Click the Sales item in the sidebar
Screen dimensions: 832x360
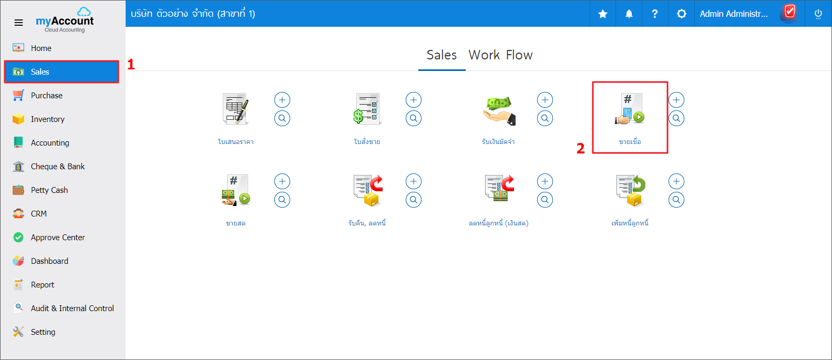click(x=61, y=71)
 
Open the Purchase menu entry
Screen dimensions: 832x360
click(x=46, y=96)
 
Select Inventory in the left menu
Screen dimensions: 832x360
click(x=47, y=119)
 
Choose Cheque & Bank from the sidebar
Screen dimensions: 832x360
click(x=58, y=167)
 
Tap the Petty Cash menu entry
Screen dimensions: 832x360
click(x=49, y=190)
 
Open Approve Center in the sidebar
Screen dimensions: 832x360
click(x=58, y=238)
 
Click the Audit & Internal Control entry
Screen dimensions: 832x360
click(x=72, y=308)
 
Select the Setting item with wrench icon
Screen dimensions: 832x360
click(x=43, y=332)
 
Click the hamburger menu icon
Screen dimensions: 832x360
click(x=18, y=23)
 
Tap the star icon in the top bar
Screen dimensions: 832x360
click(x=603, y=14)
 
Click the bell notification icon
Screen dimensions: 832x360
click(x=629, y=14)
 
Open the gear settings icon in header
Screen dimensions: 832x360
click(x=681, y=14)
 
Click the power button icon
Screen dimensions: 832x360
click(x=818, y=14)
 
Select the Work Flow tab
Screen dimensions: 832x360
click(x=500, y=55)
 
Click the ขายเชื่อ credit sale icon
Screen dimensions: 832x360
click(x=630, y=109)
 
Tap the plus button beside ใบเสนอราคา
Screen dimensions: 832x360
click(x=282, y=100)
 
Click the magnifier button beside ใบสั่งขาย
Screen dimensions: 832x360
click(x=414, y=119)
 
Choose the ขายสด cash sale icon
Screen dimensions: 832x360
click(x=235, y=190)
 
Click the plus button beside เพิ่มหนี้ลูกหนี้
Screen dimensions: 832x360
click(x=676, y=181)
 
